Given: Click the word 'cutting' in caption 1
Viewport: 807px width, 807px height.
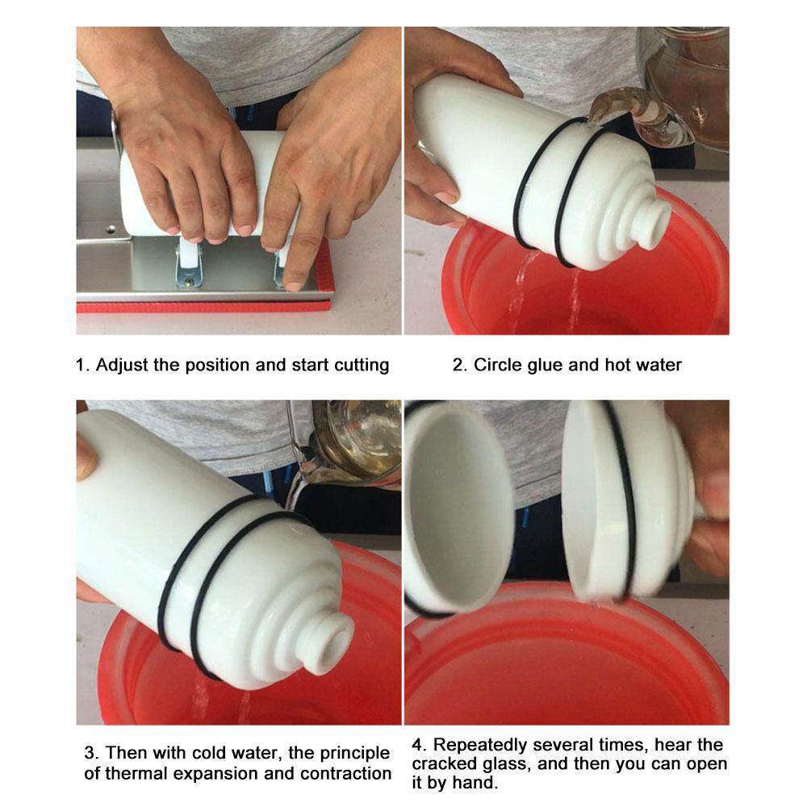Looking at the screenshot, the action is [x=362, y=366].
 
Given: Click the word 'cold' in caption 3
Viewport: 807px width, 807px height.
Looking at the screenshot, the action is [x=210, y=753].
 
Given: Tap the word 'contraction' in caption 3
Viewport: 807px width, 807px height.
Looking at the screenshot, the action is [x=345, y=774].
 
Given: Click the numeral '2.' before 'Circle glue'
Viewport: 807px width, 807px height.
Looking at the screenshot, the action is [x=459, y=366].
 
